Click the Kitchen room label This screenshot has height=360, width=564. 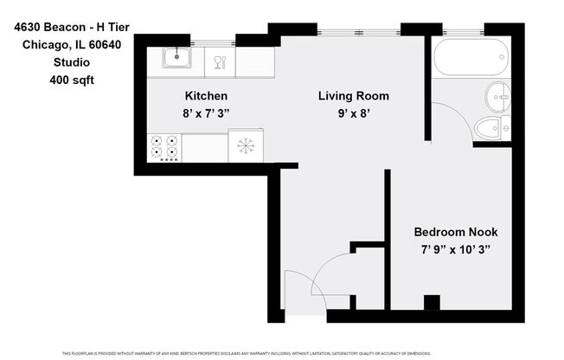(x=207, y=96)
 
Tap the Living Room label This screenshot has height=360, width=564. (x=353, y=96)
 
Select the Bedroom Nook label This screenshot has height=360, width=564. (x=455, y=232)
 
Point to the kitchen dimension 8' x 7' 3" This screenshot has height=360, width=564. (x=207, y=112)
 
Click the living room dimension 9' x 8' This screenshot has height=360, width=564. (x=353, y=112)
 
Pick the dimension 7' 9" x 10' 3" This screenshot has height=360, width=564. (x=455, y=249)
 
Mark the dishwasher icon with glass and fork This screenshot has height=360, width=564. (x=219, y=61)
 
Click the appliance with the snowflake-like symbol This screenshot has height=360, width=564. (x=246, y=145)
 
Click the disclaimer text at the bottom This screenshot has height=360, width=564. (x=282, y=353)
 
